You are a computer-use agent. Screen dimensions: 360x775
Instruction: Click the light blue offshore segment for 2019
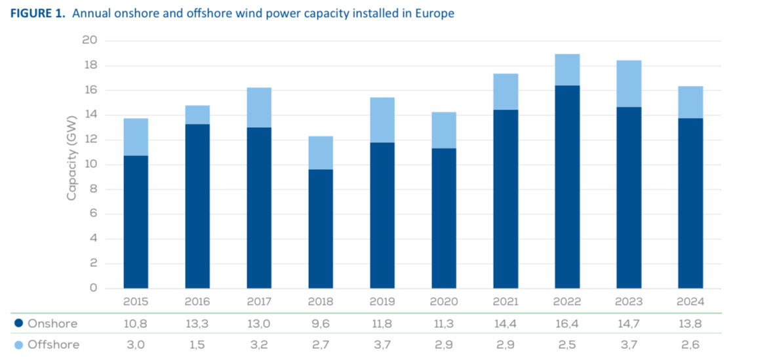pos(382,120)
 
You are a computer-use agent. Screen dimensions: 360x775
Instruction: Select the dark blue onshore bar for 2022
pos(567,187)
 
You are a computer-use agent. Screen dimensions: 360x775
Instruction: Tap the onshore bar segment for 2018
pos(321,229)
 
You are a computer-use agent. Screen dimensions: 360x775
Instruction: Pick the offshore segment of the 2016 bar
pos(197,115)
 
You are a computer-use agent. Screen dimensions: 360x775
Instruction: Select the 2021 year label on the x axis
pos(506,302)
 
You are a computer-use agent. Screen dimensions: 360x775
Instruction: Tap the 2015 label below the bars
pos(136,302)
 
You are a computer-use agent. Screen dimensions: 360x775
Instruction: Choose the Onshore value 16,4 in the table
pos(567,324)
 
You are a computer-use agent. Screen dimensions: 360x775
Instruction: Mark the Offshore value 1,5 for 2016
pos(197,345)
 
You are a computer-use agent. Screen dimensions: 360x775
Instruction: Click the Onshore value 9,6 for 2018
pos(321,324)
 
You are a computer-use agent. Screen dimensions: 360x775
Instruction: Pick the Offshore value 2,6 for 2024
pos(690,345)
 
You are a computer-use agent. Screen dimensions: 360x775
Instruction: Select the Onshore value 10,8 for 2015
pos(136,324)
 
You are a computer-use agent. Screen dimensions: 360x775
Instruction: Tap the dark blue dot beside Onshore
pos(18,324)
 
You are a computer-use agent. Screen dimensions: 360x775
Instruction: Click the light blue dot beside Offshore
pos(18,345)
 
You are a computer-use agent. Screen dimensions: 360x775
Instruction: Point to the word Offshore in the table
pos(54,345)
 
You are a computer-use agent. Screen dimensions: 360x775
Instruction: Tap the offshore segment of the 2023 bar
pos(629,84)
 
